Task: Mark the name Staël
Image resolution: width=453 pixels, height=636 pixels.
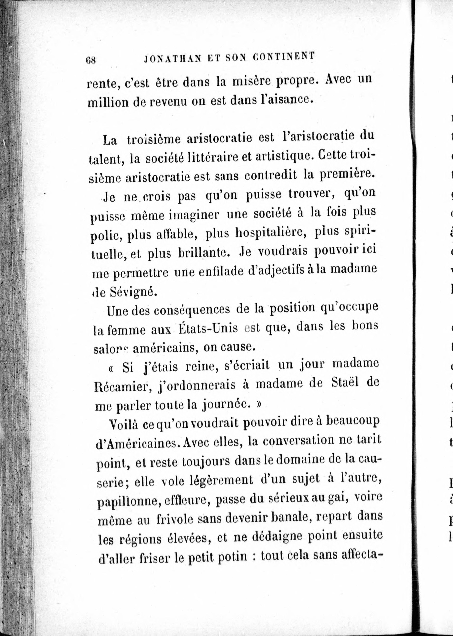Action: (x=344, y=382)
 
